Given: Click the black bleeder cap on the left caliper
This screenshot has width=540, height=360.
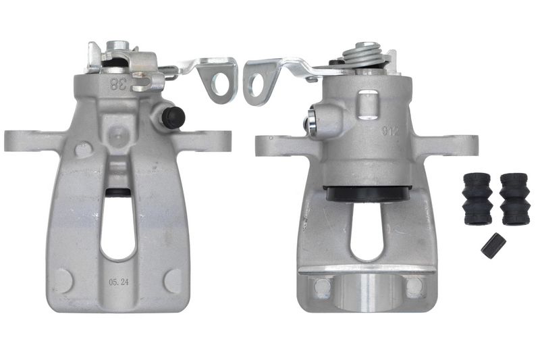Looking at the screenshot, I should (174, 118).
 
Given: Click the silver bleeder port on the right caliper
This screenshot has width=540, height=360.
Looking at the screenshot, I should (312, 124).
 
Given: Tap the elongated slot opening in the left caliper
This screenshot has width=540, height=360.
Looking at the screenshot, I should (119, 226).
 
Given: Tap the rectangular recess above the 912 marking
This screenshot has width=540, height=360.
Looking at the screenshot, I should (367, 103).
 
